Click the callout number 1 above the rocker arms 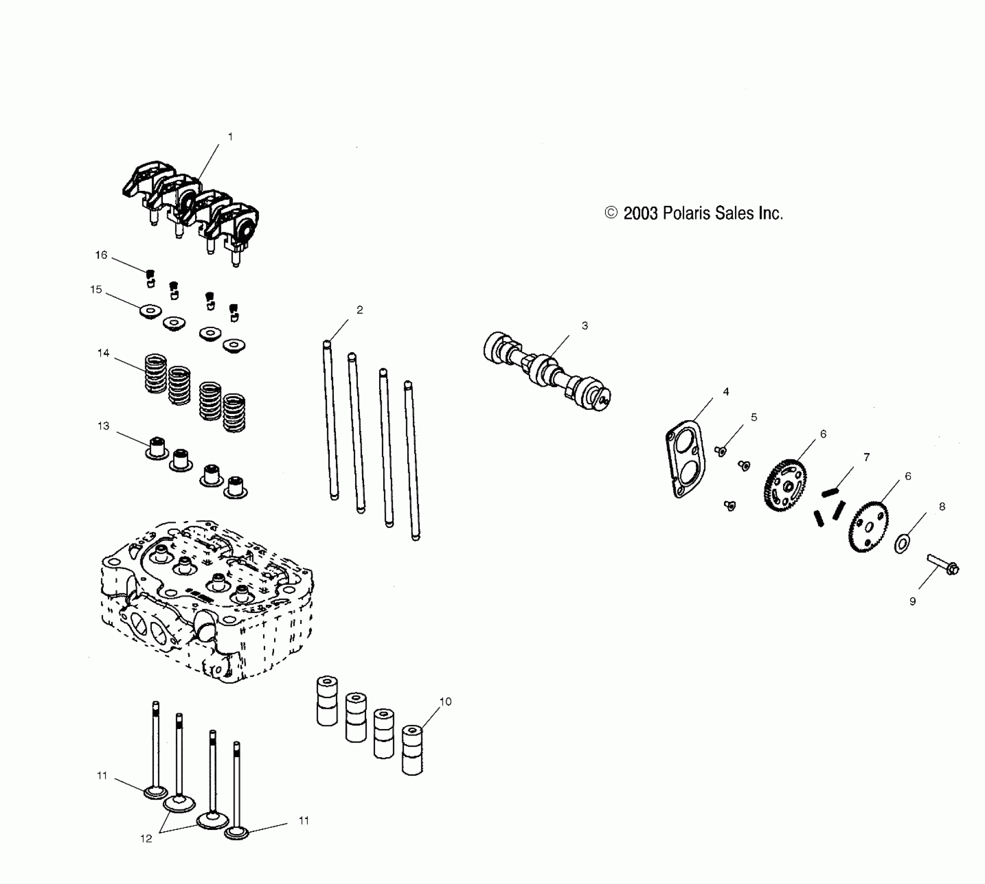click(230, 137)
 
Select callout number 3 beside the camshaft click(585, 326)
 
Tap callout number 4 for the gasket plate click(726, 392)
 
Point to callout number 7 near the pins click(866, 457)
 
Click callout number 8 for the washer click(942, 506)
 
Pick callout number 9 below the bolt click(913, 601)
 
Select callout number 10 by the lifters click(446, 701)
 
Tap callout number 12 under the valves click(146, 839)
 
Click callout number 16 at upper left click(101, 255)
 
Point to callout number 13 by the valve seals click(103, 426)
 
